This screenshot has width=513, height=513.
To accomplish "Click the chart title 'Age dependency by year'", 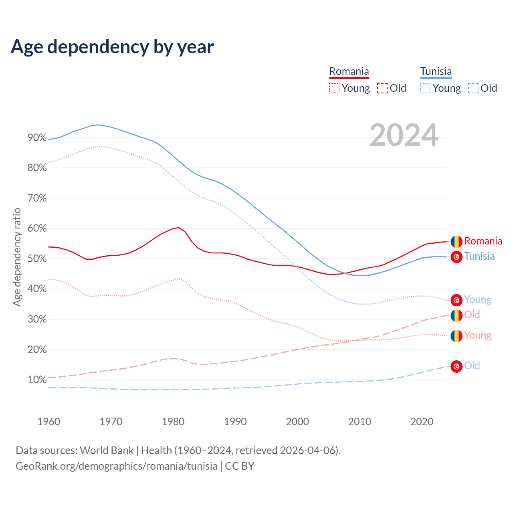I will pos(112,47).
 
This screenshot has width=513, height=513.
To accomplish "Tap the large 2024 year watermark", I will pos(404,135).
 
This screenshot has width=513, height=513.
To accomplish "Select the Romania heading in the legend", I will pos(349,71).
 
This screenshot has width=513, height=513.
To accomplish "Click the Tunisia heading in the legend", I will pos(436,71).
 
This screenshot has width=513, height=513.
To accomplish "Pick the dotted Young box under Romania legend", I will pos(334,88).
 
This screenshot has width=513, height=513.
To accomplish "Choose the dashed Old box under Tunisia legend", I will pos(473,88).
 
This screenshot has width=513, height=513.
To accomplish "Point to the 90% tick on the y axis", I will pos(37,138).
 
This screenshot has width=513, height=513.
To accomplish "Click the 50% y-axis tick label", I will pos(37,259).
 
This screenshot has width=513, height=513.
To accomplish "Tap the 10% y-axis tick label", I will pos(37,380).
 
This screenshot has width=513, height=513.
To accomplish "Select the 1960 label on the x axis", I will pos(48,422).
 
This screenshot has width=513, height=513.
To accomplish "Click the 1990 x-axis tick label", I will pos(235,422).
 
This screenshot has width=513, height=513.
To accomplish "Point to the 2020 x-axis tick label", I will pos(422,422).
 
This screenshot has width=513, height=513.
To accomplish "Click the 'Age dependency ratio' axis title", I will pos(17,257).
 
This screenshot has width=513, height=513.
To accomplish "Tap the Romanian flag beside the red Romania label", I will pos(456,242).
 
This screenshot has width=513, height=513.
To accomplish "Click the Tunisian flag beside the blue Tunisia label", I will pos(456,256).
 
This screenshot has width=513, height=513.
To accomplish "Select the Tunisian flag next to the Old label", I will pos(456,366).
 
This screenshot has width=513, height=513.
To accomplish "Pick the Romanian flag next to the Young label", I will pos(456,336).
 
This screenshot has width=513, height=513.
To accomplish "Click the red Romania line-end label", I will pos(483,241).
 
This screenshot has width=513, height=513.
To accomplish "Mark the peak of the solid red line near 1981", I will pos(179,228).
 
